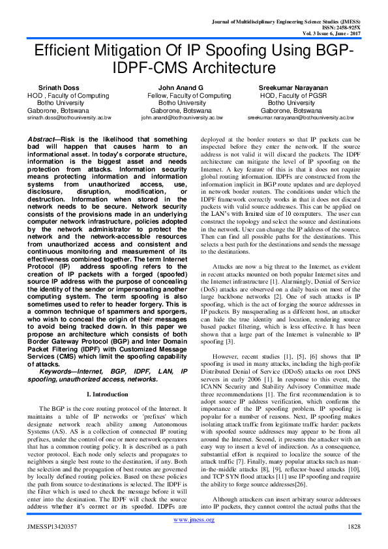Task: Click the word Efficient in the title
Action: coord(65,51)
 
